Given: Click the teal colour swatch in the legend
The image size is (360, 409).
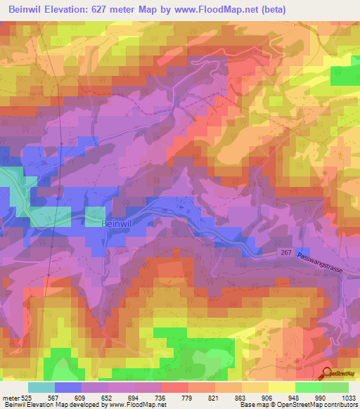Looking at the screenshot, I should tap(41, 387).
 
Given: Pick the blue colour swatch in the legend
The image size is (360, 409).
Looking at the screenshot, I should tap(68, 387).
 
